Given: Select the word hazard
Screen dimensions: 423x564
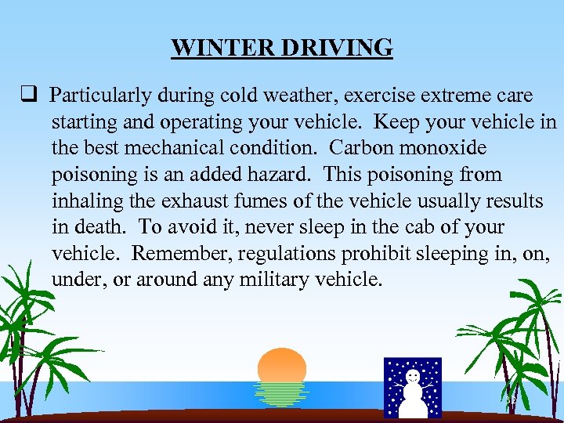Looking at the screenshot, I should pyautogui.click(x=278, y=174).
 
